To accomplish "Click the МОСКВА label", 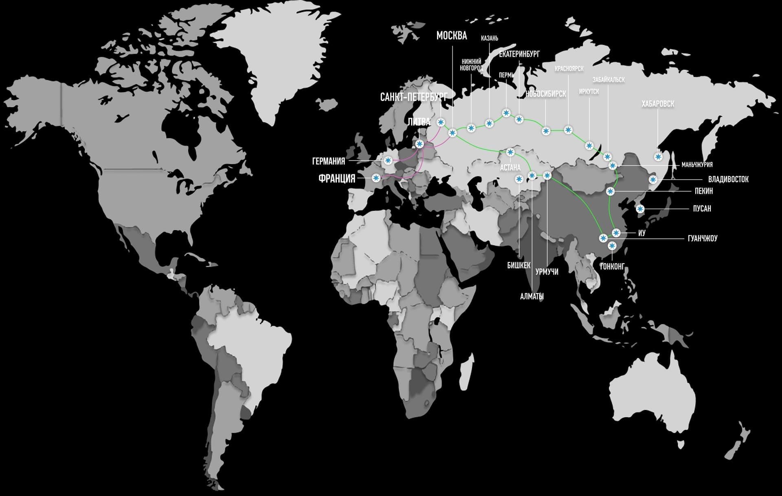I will (451, 36).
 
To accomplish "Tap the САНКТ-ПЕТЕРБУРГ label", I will (413, 97).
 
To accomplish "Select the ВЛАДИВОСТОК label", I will (728, 179).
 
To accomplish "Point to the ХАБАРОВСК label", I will (658, 104).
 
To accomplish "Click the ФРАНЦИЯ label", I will (337, 179).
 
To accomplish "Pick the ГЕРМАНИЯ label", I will (328, 161).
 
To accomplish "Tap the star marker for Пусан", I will (640, 209).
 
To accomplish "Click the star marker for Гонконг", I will (612, 245).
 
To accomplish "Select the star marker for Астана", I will (510, 152).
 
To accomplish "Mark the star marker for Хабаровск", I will (658, 157).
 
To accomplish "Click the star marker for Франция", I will (376, 178).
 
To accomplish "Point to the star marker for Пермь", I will (506, 113).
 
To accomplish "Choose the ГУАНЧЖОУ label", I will (702, 238).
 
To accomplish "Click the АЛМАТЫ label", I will (532, 297).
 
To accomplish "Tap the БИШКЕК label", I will (518, 265).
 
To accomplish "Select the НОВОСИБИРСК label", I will (546, 94).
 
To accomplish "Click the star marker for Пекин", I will (610, 191).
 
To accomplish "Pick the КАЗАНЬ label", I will (489, 38).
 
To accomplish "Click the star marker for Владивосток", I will (653, 180).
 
